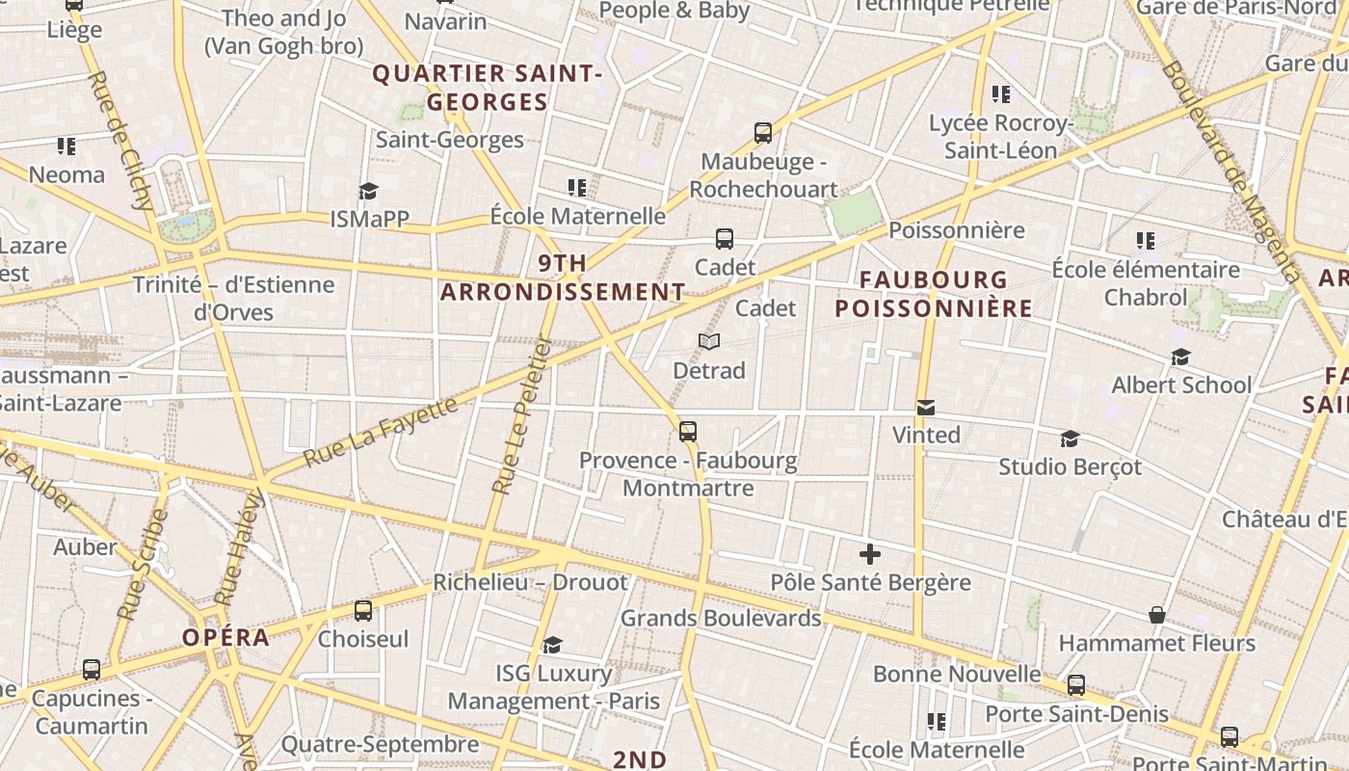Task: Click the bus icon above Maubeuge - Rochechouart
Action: (763, 133)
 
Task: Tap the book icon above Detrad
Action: (709, 342)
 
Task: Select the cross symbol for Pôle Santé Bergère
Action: (870, 554)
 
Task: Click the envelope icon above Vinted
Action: (926, 408)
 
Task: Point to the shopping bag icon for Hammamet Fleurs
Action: (1157, 615)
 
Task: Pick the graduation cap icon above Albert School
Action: (1180, 358)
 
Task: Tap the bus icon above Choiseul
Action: (363, 610)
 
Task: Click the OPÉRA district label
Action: (226, 638)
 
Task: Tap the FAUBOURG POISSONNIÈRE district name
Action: (933, 294)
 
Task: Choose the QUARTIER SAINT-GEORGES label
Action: (487, 88)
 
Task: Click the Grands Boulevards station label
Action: (721, 618)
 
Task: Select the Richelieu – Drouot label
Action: (530, 582)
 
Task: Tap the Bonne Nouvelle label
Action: (957, 674)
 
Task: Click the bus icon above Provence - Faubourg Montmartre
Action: (688, 432)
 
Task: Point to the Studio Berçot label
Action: (1070, 467)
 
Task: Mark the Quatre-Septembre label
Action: (380, 744)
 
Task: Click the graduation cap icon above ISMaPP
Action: (368, 191)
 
